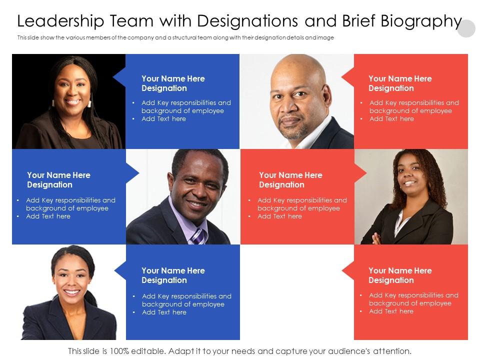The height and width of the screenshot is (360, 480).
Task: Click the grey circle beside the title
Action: tap(466, 28)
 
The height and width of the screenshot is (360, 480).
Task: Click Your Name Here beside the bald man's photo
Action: tap(400, 78)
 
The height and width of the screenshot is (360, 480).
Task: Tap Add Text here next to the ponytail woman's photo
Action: tap(164, 312)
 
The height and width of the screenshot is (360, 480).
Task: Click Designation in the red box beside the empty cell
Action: tap(391, 280)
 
